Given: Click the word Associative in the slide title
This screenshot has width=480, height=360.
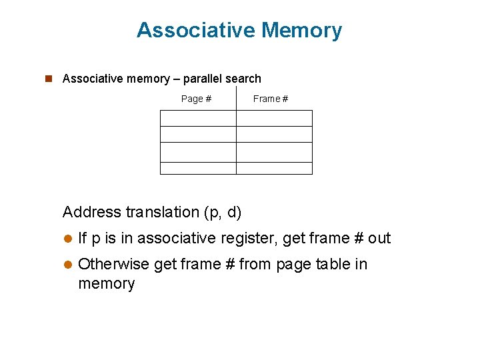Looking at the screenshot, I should (196, 30).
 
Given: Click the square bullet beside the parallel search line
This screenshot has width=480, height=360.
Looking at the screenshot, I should (48, 79).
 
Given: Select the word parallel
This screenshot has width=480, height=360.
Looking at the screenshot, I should (203, 79).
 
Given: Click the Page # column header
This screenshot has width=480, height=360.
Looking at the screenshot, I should (196, 99).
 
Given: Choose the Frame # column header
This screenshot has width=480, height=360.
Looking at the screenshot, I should (271, 99).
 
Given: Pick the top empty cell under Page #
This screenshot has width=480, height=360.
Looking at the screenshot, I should (198, 118).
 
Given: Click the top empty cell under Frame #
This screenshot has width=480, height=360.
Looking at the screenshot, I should (274, 118).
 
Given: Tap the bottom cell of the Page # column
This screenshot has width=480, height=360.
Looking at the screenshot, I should (198, 168).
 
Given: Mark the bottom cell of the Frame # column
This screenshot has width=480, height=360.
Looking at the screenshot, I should (274, 168).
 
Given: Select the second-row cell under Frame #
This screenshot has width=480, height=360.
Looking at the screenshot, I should (274, 134).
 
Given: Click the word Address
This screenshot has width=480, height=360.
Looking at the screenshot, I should (91, 212).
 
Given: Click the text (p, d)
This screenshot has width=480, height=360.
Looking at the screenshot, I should (225, 213).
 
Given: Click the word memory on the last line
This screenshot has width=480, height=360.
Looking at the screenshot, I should (107, 283).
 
